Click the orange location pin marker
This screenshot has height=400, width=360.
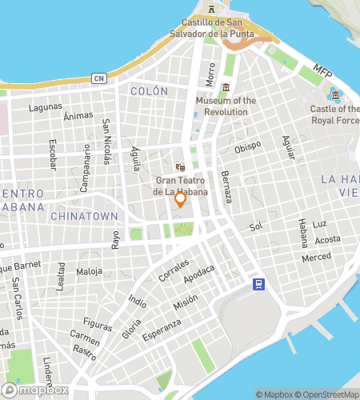(x=181, y=200)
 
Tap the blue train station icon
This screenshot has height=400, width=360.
(x=258, y=284)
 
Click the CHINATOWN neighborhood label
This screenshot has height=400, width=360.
(x=84, y=216)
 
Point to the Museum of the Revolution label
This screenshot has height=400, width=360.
(x=226, y=106)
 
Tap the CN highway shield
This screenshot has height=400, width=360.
(x=98, y=78)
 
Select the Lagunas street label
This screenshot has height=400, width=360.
(x=45, y=106)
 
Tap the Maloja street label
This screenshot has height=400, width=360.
(x=89, y=272)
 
